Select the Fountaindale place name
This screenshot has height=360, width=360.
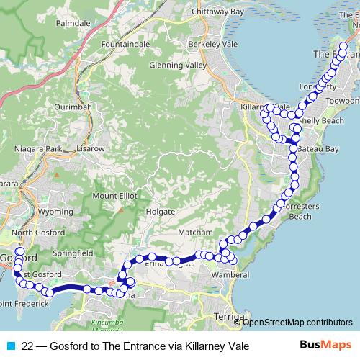pyautogui.click(x=127, y=45)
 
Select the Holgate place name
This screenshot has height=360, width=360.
pyautogui.click(x=160, y=212)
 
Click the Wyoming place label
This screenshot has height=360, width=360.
pyautogui.click(x=55, y=212)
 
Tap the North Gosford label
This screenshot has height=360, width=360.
pyautogui.click(x=34, y=233)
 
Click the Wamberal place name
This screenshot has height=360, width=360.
pyautogui.click(x=233, y=274)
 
